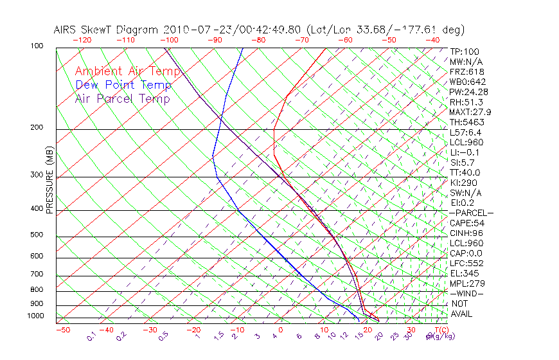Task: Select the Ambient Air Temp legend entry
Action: click(x=128, y=71)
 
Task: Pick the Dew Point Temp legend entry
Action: click(x=123, y=85)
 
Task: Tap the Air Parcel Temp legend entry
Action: click(x=123, y=99)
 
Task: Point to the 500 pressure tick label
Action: click(x=37, y=235)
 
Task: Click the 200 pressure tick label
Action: click(x=37, y=128)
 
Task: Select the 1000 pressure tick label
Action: click(x=35, y=316)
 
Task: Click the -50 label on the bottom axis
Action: click(x=62, y=330)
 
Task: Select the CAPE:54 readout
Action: click(x=467, y=223)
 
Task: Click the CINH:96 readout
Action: click(x=467, y=233)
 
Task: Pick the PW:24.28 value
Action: click(x=469, y=92)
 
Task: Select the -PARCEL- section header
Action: click(x=471, y=213)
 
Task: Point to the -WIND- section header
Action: click(x=466, y=294)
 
